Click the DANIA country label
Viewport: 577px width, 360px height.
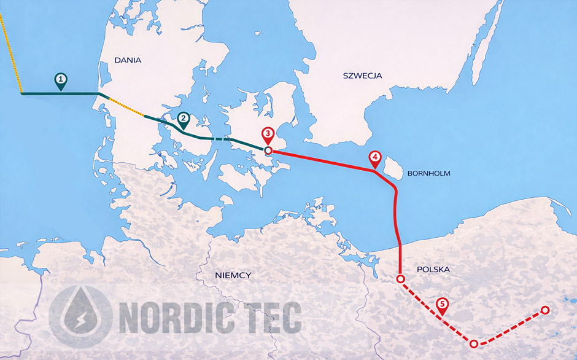[x=128, y=60]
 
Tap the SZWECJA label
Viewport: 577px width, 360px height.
[x=362, y=76]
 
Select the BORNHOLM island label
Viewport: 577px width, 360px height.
[x=428, y=173]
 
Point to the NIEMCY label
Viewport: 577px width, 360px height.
[x=233, y=275]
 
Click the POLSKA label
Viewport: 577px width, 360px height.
[x=433, y=270]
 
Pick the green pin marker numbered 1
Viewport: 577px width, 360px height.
[x=60, y=80]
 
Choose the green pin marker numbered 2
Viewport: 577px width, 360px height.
[x=182, y=119]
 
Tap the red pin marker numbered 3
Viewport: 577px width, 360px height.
[x=267, y=135]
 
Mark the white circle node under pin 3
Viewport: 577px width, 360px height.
[x=268, y=150]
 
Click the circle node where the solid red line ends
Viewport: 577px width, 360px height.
[x=400, y=279]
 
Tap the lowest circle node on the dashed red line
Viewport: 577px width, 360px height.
[x=474, y=343]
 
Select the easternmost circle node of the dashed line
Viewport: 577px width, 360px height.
[x=544, y=310]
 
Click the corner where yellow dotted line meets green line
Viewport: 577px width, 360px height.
[x=22, y=93]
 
